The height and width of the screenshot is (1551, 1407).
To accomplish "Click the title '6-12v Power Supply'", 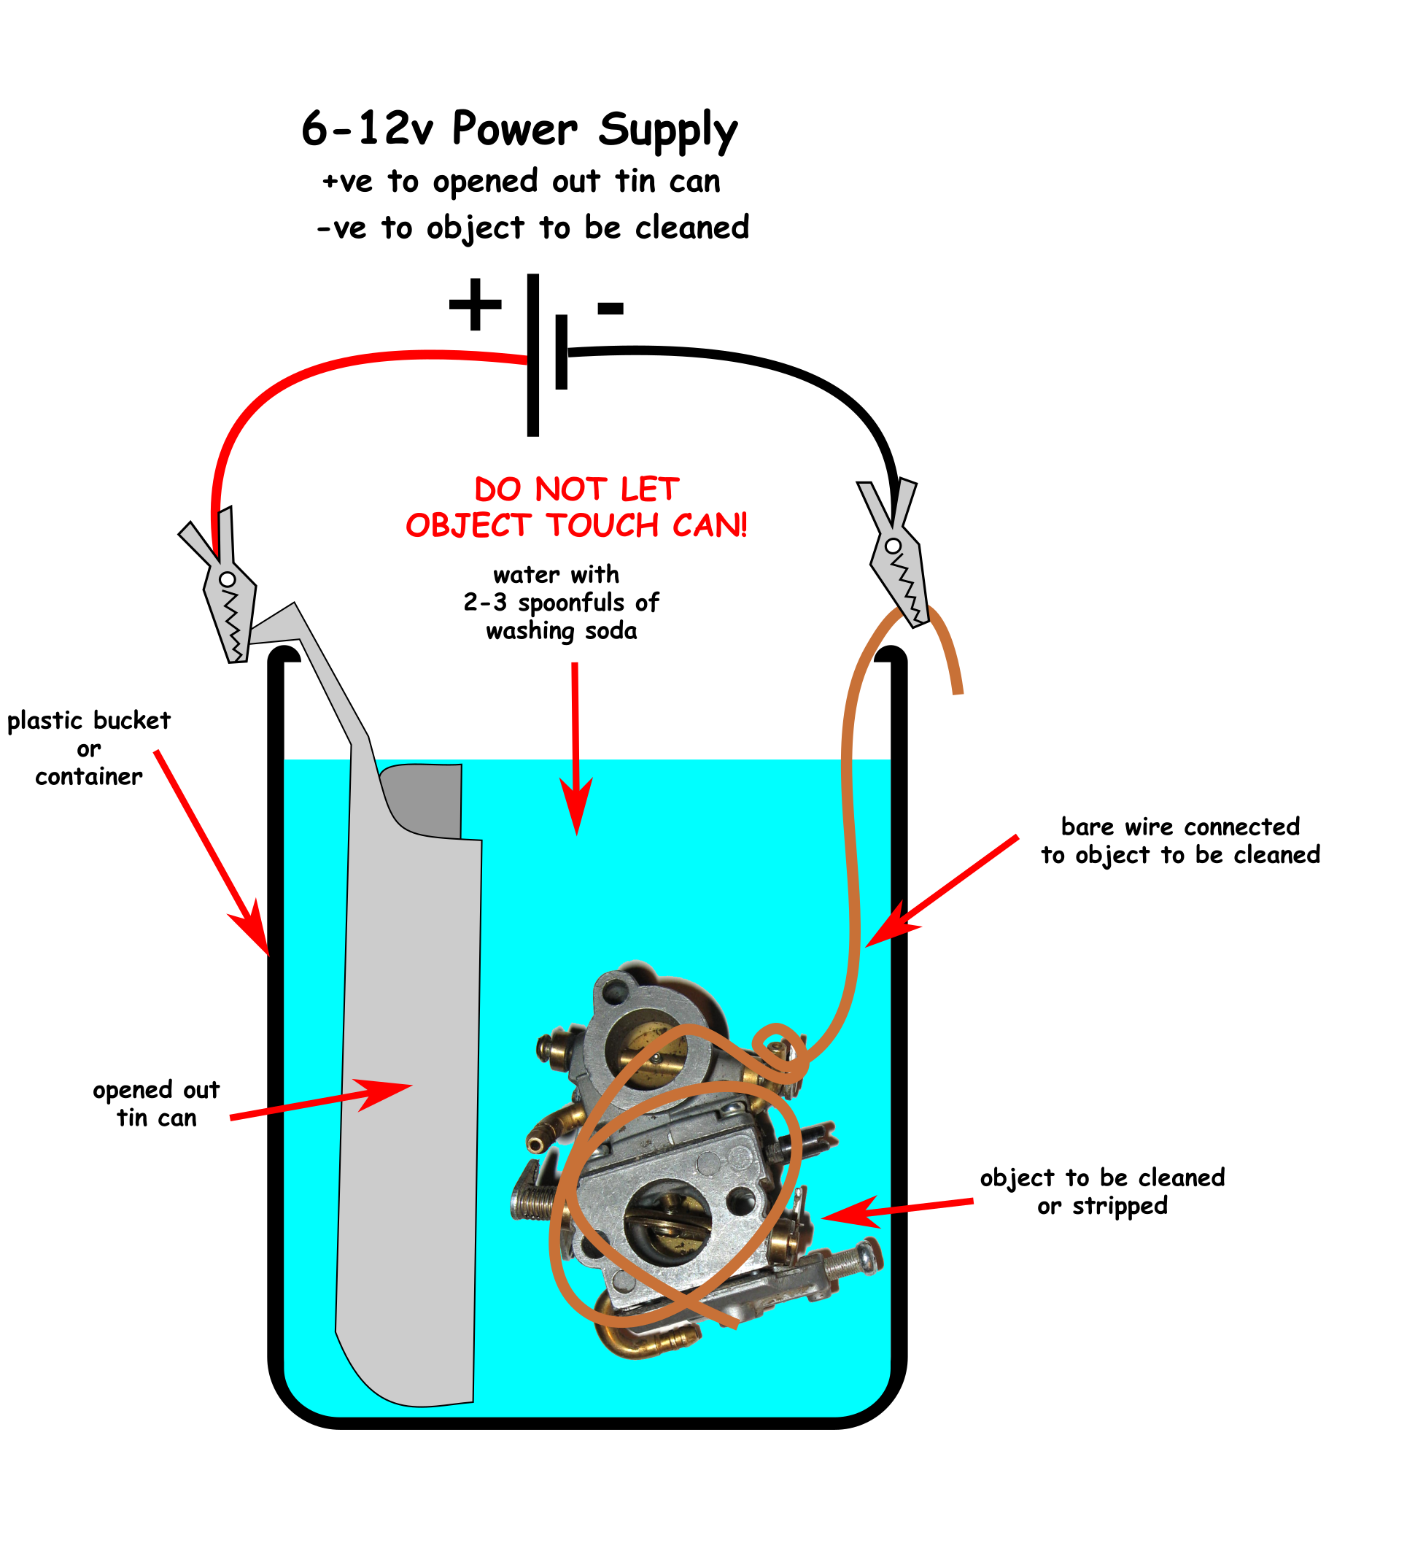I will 519,129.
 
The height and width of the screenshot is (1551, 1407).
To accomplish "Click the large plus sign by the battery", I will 476,305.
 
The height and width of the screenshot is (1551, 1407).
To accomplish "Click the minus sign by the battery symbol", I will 610,309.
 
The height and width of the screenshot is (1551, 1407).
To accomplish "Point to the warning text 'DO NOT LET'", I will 576,490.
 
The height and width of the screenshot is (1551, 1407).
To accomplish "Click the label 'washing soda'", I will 562,632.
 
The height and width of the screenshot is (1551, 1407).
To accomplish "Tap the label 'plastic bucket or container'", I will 88,749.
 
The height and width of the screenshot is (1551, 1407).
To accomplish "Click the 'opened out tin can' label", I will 156,1104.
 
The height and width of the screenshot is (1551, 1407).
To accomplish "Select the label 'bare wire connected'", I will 1180,827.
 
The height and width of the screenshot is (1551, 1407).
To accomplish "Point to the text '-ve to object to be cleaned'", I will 532,228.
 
